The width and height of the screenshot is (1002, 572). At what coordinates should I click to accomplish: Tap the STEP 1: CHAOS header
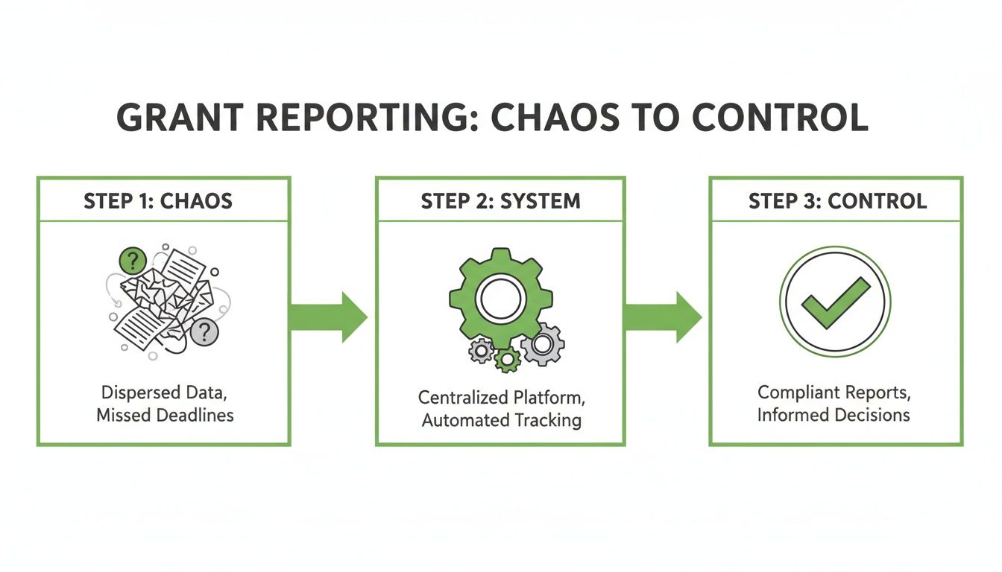click(163, 200)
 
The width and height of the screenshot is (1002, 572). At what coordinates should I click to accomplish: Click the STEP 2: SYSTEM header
click(500, 200)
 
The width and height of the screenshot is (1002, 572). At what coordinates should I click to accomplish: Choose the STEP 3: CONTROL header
click(836, 200)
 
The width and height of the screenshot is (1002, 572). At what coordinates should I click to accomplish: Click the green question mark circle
click(133, 261)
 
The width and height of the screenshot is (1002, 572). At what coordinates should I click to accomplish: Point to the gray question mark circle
click(204, 332)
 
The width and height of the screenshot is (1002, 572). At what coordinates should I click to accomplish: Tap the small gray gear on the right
click(543, 344)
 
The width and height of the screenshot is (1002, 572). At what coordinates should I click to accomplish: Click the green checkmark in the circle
click(835, 302)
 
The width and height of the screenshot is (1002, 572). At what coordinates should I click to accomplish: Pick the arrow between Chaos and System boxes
click(328, 317)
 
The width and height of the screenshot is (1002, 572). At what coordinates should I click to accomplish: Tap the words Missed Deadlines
click(165, 415)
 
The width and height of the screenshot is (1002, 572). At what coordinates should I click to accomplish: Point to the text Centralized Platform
click(501, 397)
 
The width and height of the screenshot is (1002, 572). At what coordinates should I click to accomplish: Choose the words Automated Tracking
click(501, 419)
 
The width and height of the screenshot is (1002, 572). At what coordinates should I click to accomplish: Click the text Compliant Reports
click(834, 392)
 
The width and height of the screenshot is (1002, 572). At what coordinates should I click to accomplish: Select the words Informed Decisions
click(834, 414)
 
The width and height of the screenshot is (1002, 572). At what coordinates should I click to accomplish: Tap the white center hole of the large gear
click(500, 299)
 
